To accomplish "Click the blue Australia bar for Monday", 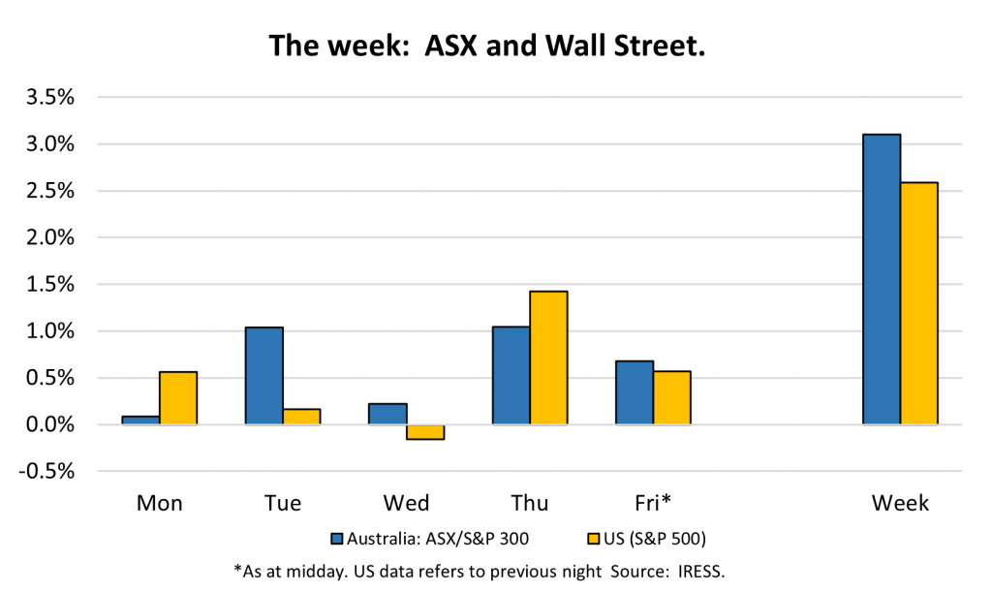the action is (x=140, y=420).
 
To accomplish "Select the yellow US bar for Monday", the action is (x=178, y=398).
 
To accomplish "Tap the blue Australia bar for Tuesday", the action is (x=263, y=376).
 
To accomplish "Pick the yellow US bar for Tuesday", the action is (x=302, y=417).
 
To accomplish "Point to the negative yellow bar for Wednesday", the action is (x=425, y=432).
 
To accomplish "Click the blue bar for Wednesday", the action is (x=387, y=414).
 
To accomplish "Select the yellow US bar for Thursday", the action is (x=548, y=358).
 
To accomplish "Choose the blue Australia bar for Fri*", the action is (x=635, y=393).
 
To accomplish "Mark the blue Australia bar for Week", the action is (x=882, y=279).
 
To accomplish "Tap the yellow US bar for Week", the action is (x=919, y=303).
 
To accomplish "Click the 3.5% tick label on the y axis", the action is (x=50, y=98).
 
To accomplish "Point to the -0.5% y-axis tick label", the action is (x=46, y=472).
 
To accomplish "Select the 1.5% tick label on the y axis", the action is (x=50, y=285).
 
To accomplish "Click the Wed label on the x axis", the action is (x=406, y=503).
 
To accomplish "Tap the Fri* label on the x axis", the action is (x=653, y=503).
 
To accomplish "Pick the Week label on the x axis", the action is (x=900, y=503).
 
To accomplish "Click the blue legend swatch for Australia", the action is (x=337, y=539).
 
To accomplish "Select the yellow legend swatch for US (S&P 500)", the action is (x=594, y=539).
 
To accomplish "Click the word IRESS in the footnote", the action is (x=701, y=572).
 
